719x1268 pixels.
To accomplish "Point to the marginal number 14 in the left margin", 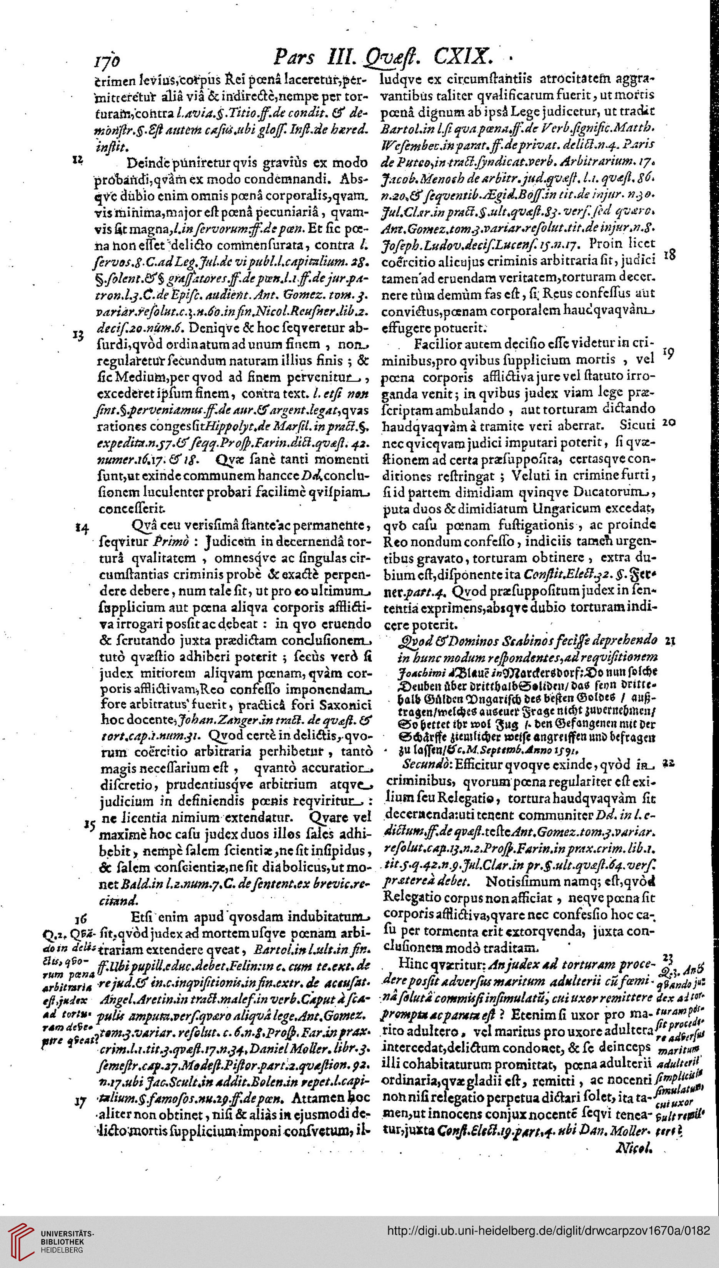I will coord(82,528).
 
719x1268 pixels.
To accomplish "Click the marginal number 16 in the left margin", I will coord(80,918).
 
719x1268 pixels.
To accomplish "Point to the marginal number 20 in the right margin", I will coord(669,423).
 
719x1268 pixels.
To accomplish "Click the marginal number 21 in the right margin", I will coord(670,641).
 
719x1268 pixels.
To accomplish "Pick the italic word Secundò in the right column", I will coord(425,765).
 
